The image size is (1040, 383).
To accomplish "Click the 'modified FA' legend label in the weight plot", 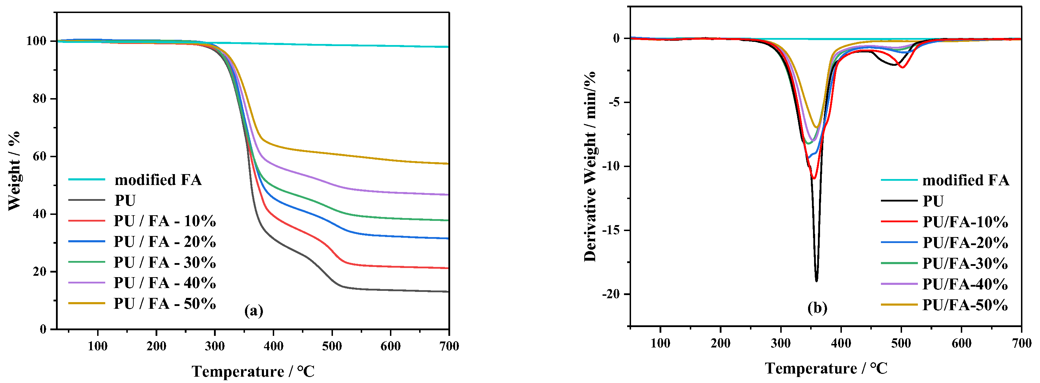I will point(158,180).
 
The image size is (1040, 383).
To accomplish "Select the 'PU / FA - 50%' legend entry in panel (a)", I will point(165,304).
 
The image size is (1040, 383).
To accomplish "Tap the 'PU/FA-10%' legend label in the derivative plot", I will point(965,222).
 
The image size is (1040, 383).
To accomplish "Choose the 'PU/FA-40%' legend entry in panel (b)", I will point(965,284).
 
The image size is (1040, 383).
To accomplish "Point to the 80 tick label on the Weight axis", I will point(39,99).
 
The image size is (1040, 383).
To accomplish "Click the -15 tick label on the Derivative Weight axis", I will point(610,230).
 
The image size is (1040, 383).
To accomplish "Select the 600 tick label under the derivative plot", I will point(961,344).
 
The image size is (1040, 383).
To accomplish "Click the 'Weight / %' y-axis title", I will point(14,170).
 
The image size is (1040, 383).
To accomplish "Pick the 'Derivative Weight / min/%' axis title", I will point(590,166).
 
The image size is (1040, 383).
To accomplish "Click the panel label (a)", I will point(253,311).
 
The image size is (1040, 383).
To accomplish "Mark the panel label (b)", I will point(817,308).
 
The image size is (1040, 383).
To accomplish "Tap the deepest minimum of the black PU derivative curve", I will point(816,281).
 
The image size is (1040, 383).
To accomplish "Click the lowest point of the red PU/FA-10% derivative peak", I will point(813,178).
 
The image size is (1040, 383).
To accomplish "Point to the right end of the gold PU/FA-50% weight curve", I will point(448,164).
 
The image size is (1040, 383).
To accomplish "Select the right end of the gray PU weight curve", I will point(448,292).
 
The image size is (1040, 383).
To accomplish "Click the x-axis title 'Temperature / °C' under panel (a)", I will point(253,371).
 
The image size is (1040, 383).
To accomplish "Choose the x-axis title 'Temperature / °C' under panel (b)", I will point(826,369).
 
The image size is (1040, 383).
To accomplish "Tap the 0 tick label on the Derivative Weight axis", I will point(616,38).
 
